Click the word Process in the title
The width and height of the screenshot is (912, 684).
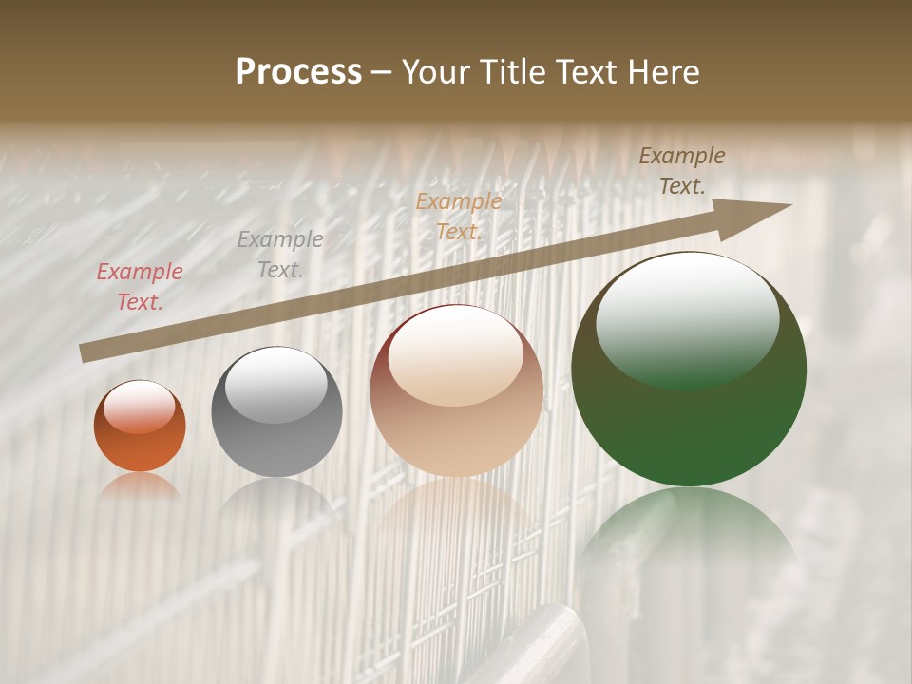click(298, 71)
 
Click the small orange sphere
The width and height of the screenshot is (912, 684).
click(140, 427)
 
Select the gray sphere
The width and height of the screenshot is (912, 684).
click(276, 411)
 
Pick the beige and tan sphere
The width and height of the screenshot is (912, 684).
click(456, 390)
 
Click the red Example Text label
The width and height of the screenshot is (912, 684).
click(140, 287)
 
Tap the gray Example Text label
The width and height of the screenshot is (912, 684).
click(280, 255)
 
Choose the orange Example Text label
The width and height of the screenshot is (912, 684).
click(459, 216)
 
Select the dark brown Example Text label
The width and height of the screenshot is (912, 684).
click(682, 171)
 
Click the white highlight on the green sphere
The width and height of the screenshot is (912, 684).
click(687, 318)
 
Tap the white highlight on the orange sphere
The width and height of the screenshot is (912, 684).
click(140, 407)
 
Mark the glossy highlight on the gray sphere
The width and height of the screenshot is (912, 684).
click(275, 385)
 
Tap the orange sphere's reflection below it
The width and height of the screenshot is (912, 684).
click(140, 485)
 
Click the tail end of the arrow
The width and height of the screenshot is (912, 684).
click(84, 352)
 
